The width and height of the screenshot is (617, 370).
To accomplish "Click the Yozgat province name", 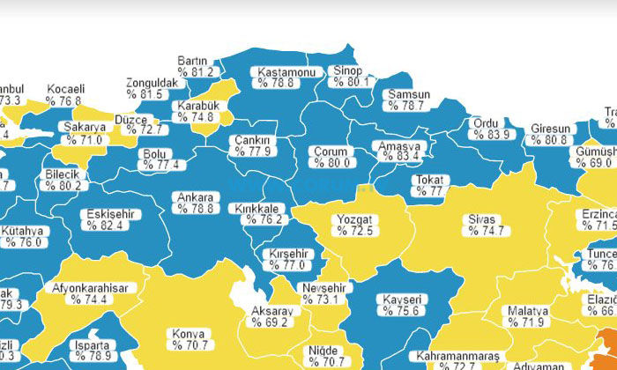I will tap(353, 218).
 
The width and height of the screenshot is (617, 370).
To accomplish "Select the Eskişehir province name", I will tap(105, 214).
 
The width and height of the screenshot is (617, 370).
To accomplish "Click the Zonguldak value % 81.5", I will tap(145, 94).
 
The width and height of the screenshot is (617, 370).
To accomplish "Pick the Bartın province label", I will tap(192, 60).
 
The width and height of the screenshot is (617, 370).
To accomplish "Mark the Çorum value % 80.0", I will tap(333, 162).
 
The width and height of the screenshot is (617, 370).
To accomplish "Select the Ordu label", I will tap(487, 123).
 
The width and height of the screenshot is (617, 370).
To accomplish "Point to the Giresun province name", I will tap(550, 129).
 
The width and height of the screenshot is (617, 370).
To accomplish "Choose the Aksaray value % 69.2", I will tap(270, 323).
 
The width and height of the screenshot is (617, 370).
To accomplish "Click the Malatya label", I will tap(528, 311).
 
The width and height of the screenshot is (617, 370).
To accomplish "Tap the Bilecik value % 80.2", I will tap(64, 186).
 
